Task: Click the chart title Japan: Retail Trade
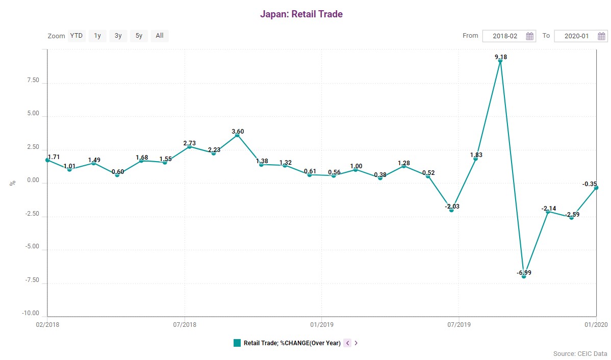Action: click(x=301, y=14)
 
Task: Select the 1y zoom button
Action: click(x=97, y=36)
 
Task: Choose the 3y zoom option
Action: click(x=118, y=36)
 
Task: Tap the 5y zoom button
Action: click(x=139, y=36)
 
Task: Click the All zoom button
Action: click(x=160, y=36)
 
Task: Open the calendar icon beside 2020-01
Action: click(x=601, y=36)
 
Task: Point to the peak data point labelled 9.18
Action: click(x=500, y=61)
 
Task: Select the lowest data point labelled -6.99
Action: click(x=524, y=276)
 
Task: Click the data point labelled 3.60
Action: click(x=237, y=135)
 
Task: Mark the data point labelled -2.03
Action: click(x=451, y=210)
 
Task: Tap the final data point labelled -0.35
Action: click(x=596, y=188)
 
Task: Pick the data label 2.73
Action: click(x=189, y=143)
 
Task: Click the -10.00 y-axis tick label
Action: click(x=31, y=313)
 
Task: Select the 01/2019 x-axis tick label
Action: click(x=321, y=324)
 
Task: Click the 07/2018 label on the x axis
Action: click(x=185, y=324)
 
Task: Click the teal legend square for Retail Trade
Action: click(x=237, y=343)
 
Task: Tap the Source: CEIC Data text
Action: click(x=580, y=353)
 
